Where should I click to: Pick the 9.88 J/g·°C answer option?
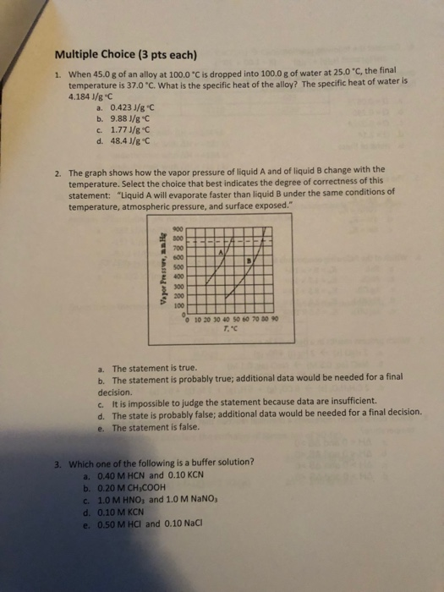[134, 118]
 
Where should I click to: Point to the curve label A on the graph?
[222, 253]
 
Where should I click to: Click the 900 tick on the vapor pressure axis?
[177, 230]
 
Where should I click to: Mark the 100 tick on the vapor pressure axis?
[177, 307]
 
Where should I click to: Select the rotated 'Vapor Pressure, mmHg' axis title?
[157, 269]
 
